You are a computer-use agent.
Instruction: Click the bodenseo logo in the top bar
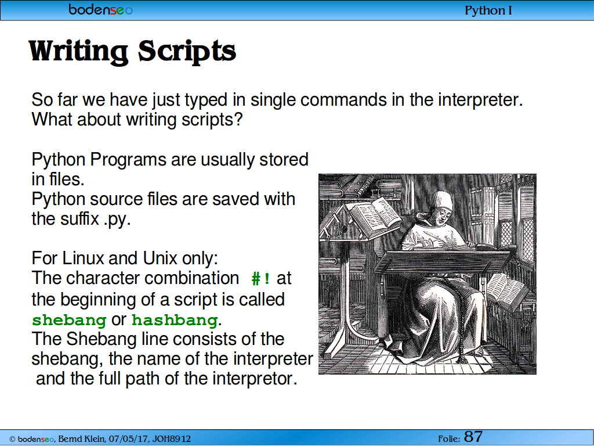(100, 9)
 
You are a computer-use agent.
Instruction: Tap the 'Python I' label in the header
(488, 10)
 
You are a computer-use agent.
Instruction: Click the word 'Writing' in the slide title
(78, 51)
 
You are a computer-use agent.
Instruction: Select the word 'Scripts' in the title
(187, 51)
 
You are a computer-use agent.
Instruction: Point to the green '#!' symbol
(261, 279)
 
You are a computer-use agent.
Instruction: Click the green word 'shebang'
(69, 320)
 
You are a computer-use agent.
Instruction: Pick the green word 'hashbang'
(175, 320)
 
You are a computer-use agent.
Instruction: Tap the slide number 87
(473, 437)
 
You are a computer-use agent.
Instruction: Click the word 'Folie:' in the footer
(449, 439)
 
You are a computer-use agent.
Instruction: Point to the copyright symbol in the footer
(12, 439)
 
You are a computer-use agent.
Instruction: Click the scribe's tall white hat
(442, 200)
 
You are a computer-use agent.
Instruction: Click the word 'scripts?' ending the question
(212, 120)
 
